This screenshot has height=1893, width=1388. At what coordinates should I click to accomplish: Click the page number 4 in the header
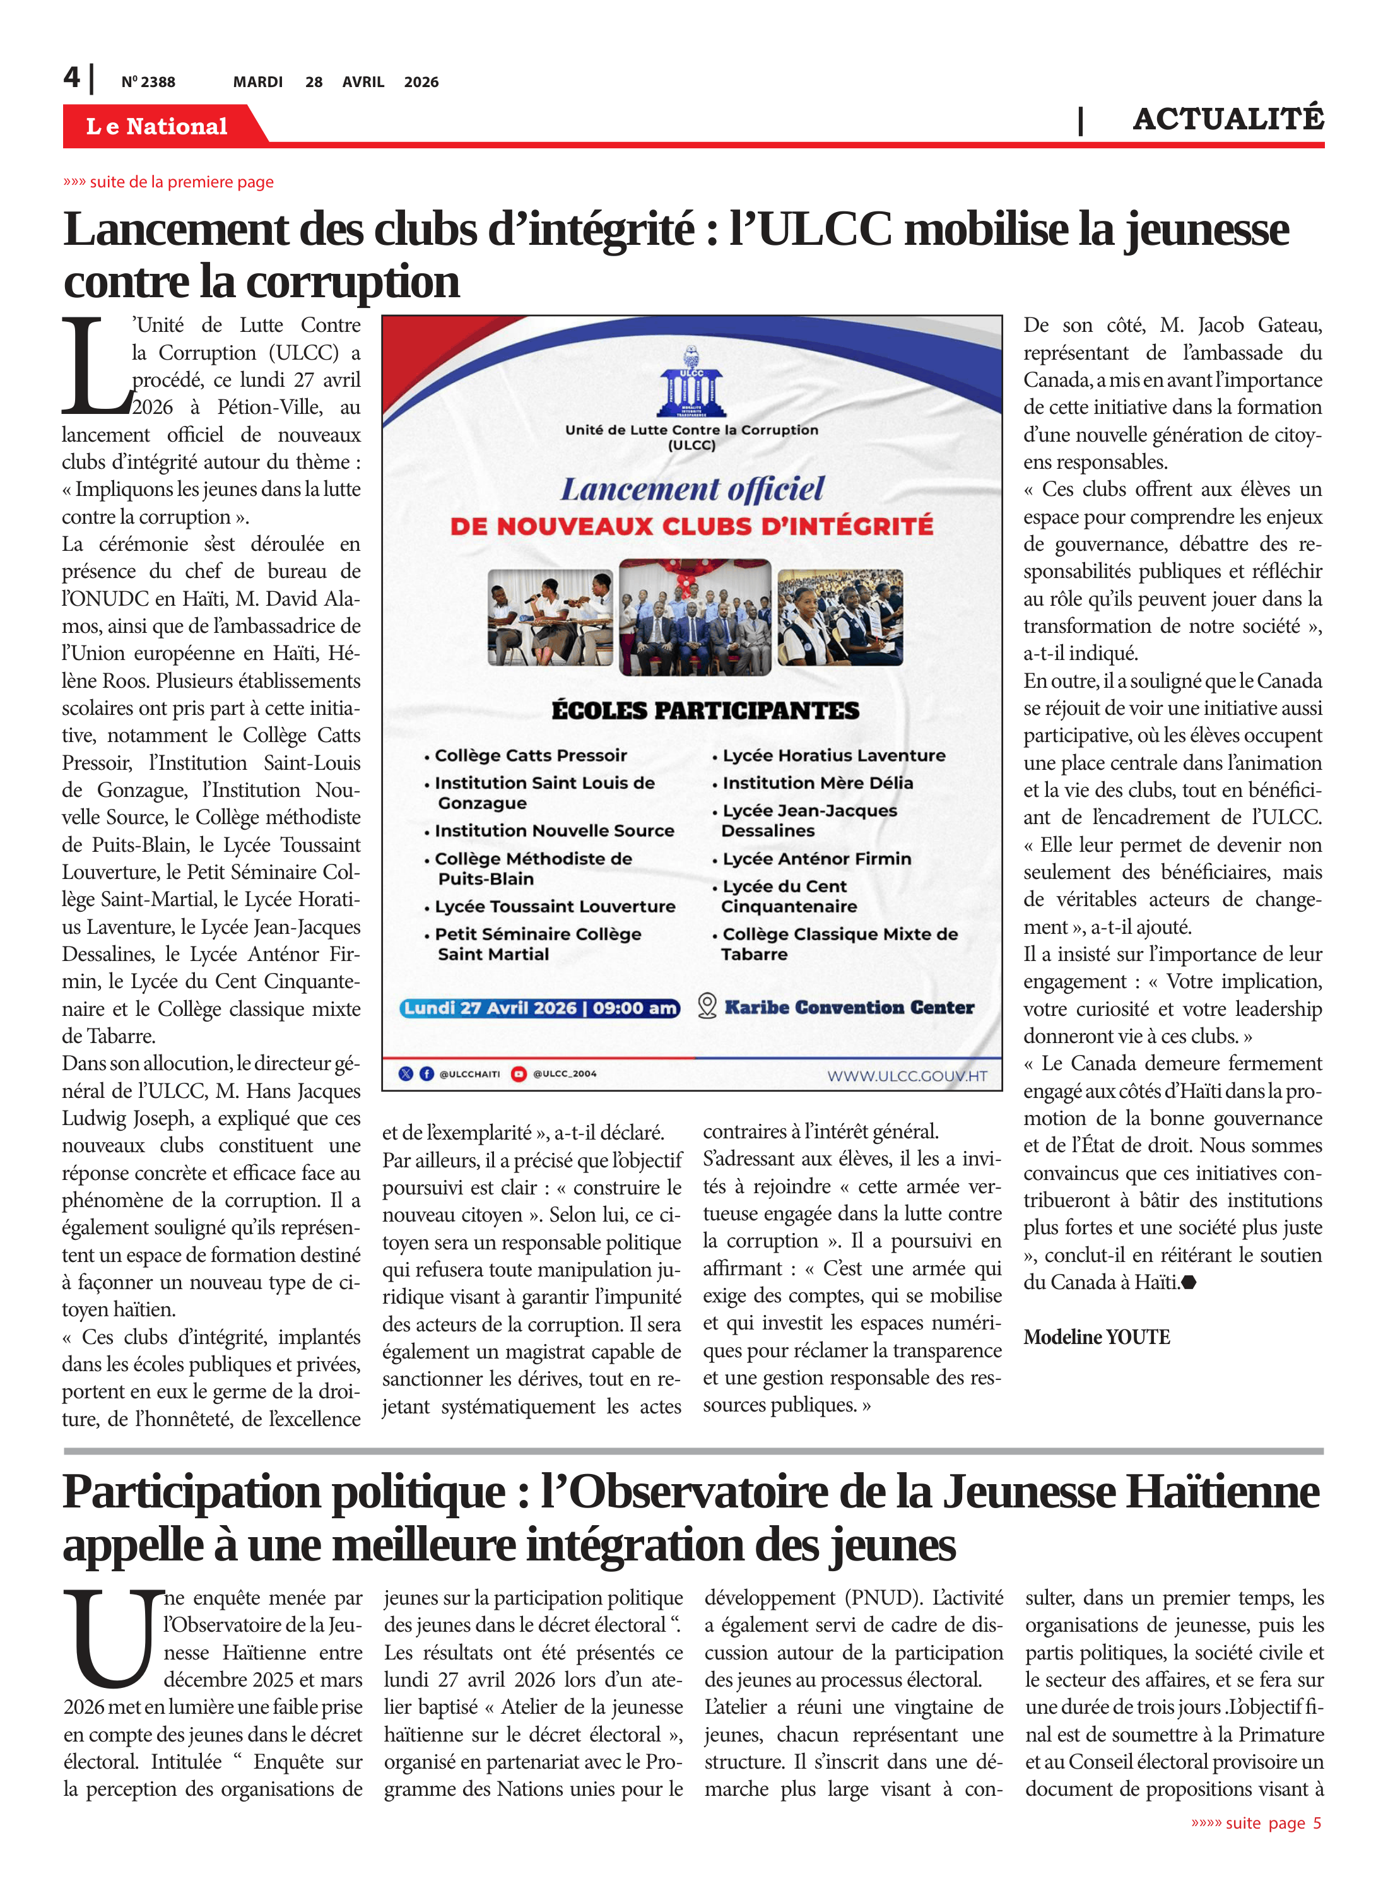(x=73, y=78)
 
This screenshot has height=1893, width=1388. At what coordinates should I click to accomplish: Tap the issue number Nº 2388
(x=148, y=82)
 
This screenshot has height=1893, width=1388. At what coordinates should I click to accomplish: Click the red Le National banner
(x=157, y=126)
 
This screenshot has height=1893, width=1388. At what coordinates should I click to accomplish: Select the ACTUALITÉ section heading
(x=1228, y=119)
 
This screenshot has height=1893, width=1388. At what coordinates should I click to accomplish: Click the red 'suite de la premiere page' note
(x=169, y=182)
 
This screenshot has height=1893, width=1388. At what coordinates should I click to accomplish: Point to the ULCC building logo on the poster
(x=691, y=383)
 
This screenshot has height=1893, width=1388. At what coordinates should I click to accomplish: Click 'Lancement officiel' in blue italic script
(x=692, y=489)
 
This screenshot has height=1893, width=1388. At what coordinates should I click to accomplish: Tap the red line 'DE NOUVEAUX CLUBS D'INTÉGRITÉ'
(x=691, y=527)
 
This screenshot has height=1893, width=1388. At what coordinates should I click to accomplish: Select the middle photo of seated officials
(x=694, y=618)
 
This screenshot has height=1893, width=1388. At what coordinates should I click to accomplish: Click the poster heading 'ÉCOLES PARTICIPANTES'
(x=705, y=711)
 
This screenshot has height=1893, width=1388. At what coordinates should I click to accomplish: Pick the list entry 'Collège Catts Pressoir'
(x=530, y=755)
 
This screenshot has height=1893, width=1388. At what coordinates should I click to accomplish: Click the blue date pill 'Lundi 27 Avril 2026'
(x=540, y=1008)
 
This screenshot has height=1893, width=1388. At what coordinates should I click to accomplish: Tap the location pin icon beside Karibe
(x=707, y=1006)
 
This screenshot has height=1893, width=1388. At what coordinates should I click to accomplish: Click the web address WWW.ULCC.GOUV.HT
(x=907, y=1076)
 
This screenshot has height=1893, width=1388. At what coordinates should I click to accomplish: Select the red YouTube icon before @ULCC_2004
(x=519, y=1074)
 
